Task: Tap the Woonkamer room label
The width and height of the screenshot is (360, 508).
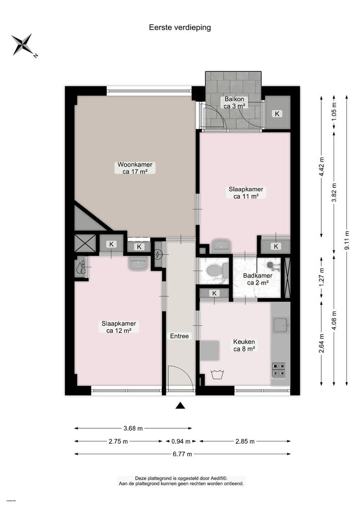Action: point(135,168)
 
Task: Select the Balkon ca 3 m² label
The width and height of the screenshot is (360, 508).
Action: point(234,103)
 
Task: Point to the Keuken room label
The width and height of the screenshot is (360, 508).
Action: point(244,345)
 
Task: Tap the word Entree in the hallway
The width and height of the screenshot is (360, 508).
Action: point(179,336)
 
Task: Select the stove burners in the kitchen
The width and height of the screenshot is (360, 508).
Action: point(279,369)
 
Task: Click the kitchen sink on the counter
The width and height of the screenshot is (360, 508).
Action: point(280,324)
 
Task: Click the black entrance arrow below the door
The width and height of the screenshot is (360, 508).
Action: point(180,405)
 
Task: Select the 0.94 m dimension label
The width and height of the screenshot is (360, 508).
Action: point(181,441)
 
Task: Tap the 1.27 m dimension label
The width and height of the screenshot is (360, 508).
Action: point(321,275)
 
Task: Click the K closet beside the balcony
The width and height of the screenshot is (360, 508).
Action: point(277,113)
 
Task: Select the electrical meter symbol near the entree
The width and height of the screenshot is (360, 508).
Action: point(158,254)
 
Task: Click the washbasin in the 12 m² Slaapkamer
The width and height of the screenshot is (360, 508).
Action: point(138,264)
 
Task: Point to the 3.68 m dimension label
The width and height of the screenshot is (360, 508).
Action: point(133,428)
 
